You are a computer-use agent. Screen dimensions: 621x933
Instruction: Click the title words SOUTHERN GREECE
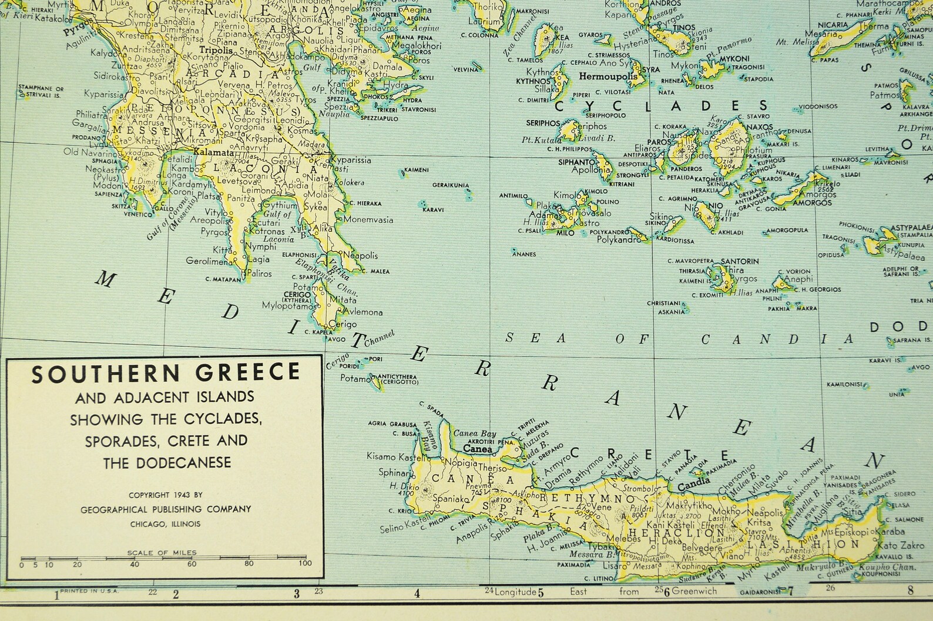click(x=166, y=373)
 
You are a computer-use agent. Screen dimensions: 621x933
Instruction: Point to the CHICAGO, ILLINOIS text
click(x=165, y=524)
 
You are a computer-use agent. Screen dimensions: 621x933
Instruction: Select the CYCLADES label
click(x=661, y=106)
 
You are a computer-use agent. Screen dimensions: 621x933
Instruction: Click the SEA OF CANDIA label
click(x=679, y=339)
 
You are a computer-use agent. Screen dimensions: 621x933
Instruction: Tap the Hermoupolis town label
click(x=608, y=76)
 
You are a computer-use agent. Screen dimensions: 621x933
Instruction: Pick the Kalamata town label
click(x=210, y=152)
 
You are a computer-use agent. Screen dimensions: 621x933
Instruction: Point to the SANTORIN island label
click(x=740, y=261)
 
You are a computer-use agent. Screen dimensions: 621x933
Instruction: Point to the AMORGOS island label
click(x=812, y=203)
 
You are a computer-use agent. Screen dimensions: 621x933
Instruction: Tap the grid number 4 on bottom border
click(x=417, y=593)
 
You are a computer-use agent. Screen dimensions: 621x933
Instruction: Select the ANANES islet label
click(x=524, y=254)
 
